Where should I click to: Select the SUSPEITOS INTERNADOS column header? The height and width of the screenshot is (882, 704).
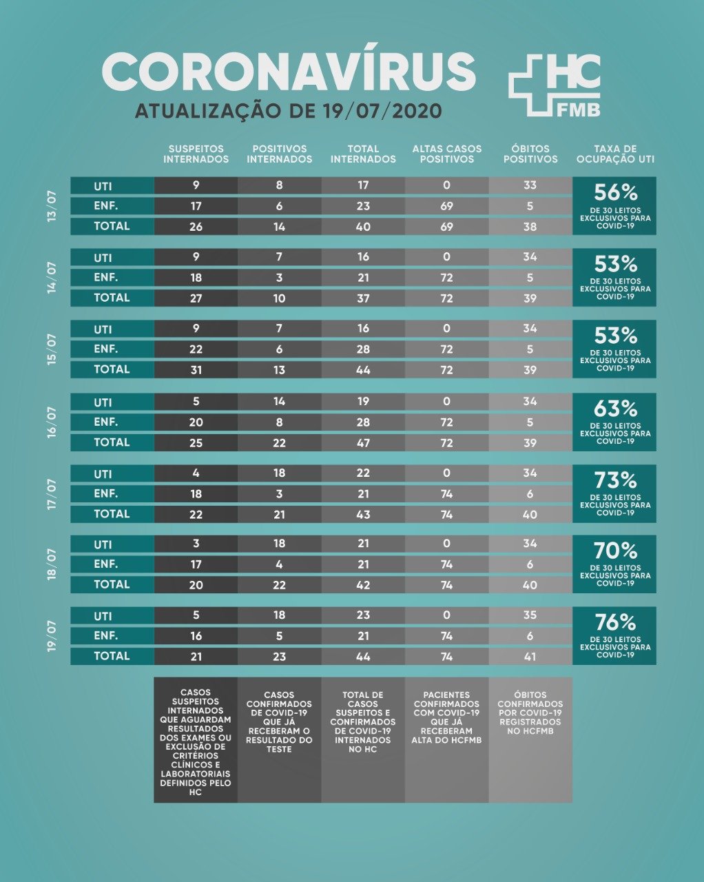[196, 154]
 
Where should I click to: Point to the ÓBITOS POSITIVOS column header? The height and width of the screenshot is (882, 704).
[530, 154]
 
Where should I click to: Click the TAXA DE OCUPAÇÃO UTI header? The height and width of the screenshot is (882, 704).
[614, 154]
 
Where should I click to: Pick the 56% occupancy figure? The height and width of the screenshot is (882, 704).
[615, 193]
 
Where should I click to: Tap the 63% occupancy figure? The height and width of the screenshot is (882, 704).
[615, 409]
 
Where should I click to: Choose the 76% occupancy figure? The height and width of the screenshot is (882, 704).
[615, 622]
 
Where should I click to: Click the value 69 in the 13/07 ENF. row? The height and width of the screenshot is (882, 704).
[446, 206]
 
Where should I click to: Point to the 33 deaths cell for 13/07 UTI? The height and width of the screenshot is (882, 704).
[530, 185]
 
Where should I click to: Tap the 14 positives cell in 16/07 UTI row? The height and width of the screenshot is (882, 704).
[279, 402]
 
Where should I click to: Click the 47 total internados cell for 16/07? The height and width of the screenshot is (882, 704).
[363, 442]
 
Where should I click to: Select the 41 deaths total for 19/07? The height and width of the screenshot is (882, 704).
[530, 657]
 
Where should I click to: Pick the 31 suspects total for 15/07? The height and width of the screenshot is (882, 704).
[196, 369]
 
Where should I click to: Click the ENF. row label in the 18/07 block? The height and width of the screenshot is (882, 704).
[106, 564]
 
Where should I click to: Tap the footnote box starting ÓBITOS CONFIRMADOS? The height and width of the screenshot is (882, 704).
[530, 713]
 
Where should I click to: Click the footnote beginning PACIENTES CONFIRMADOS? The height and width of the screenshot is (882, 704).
[446, 717]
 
